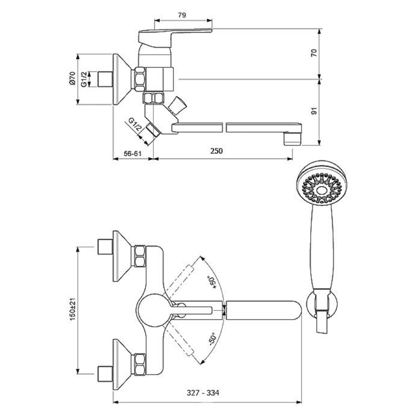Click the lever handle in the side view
(175, 34)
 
